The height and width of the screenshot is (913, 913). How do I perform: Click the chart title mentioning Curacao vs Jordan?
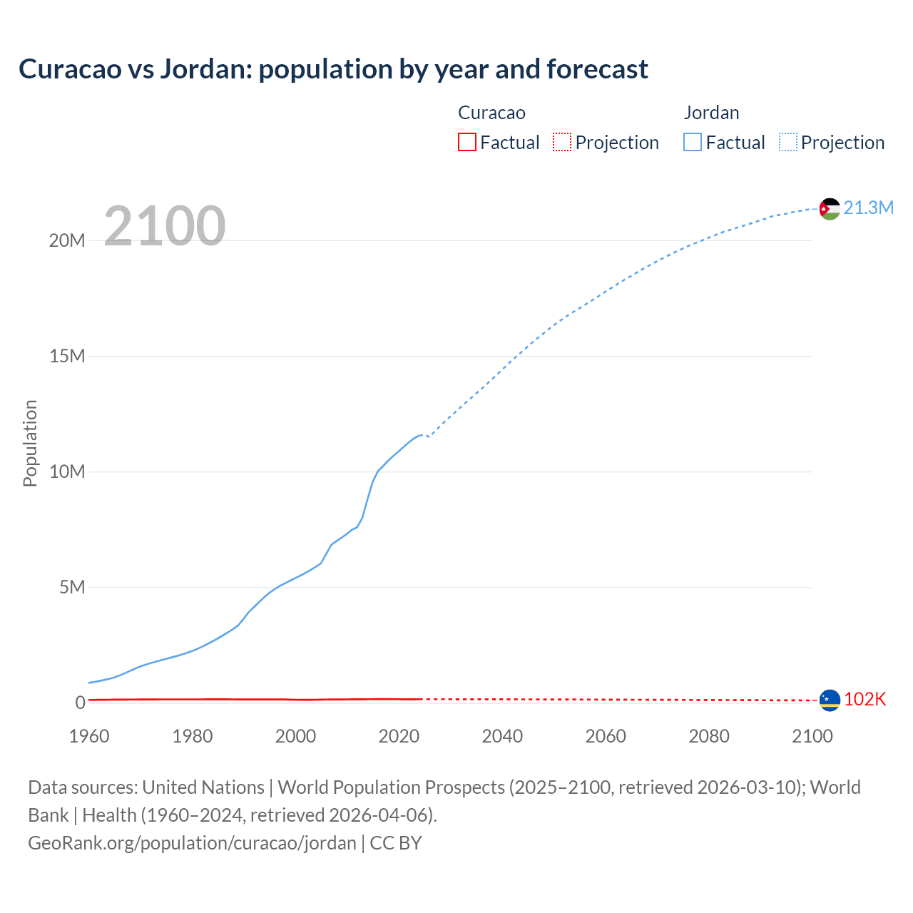pos(333,69)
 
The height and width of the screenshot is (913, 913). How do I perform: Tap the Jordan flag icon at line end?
pos(830,208)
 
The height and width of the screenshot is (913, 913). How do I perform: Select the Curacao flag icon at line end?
pos(830,700)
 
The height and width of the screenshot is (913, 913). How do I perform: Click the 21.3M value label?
pos(868,208)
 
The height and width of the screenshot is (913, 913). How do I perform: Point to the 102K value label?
pos(864,700)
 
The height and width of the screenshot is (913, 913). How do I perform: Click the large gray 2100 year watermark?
pos(165,226)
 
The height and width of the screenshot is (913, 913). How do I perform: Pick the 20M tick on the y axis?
pos(67,240)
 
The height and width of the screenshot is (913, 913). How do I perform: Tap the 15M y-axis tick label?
pos(67,356)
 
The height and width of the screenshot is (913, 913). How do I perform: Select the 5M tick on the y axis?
pos(72,587)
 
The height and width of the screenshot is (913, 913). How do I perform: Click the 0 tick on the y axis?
pos(80,703)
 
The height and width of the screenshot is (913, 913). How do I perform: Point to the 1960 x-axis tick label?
pos(89,736)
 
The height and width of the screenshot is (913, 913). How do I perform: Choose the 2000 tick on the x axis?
pos(295,736)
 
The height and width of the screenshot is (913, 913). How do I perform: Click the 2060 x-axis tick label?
pos(606,736)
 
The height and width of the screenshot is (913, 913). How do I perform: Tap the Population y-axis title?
pos(30,443)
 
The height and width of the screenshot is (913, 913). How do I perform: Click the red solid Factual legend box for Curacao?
pos(467,142)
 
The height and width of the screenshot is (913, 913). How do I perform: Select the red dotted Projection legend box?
pos(562,142)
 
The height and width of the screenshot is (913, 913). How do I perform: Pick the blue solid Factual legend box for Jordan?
pos(693,142)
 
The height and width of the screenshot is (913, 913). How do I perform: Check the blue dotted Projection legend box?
pos(787,142)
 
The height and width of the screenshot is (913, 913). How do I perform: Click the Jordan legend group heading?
pos(711,113)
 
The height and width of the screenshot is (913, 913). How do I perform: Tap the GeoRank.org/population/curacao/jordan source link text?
pos(192,843)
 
